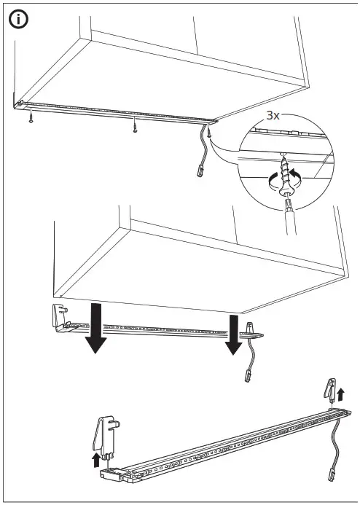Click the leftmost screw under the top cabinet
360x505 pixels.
(31, 119)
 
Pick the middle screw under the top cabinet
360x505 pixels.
(134, 129)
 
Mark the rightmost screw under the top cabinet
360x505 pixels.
(208, 132)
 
